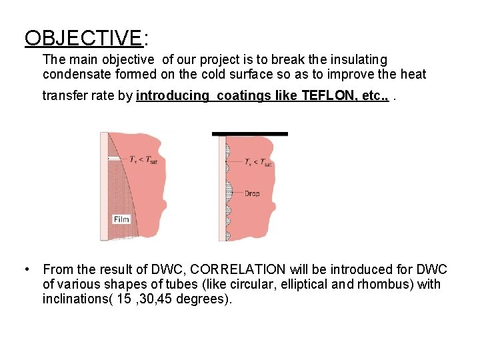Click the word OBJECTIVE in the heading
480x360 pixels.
pos(83,38)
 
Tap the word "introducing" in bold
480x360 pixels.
pos(172,95)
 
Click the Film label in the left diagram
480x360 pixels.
pos(121,219)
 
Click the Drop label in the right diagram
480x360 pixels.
pos(252,193)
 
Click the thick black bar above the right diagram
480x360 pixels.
pos(250,134)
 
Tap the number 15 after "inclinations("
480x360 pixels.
pos(119,299)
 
